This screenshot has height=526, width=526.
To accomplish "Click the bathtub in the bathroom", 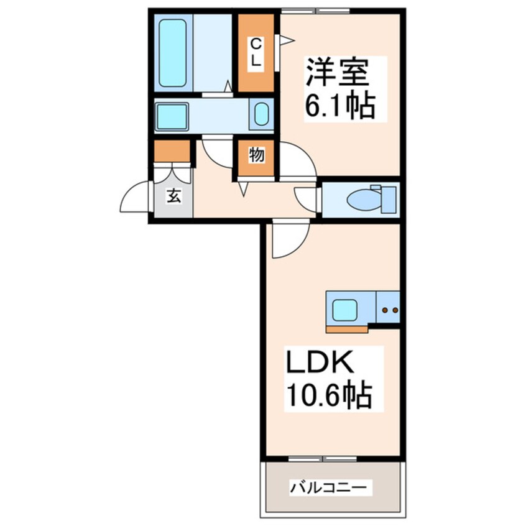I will [x=172, y=53].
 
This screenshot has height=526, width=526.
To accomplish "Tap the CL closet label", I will [x=255, y=53].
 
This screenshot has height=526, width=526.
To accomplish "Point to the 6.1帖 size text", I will [x=339, y=106].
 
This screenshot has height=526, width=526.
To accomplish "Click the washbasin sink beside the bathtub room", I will [x=262, y=116].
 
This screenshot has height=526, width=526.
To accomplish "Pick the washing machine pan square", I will [x=172, y=116].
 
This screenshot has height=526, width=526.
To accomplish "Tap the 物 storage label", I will [x=255, y=155].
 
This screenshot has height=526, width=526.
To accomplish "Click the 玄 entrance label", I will [x=173, y=196].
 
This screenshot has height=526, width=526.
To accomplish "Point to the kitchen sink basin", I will [x=344, y=310].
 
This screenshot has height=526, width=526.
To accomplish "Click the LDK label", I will [x=320, y=364].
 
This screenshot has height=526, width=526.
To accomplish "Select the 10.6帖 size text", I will [x=328, y=395].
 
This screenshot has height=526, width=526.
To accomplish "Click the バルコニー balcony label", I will [x=331, y=487].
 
